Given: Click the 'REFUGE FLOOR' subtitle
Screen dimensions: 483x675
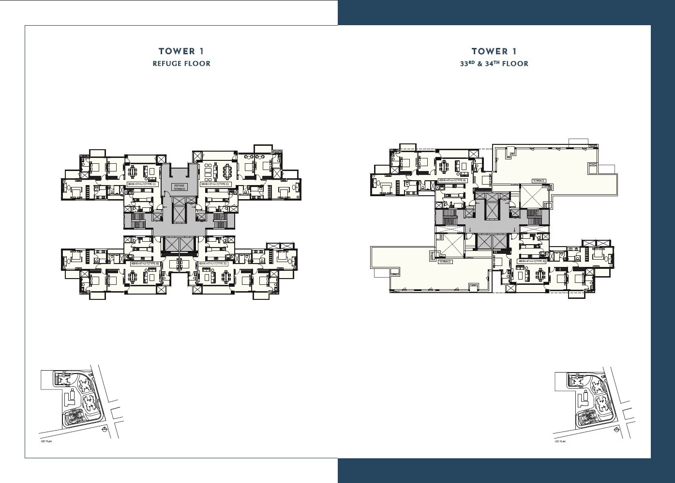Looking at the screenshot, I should [181, 63].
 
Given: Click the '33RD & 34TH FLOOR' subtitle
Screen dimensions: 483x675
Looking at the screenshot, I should [494, 63].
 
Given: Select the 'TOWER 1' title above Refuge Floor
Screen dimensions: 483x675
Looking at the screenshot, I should [181, 51].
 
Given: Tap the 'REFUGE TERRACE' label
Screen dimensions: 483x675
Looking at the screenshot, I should [180, 187].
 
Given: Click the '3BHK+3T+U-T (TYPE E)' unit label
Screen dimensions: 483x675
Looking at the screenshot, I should [215, 185].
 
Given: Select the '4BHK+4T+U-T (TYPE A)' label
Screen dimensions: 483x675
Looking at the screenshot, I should [451, 180].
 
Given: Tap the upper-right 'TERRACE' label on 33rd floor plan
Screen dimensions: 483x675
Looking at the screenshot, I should [539, 181].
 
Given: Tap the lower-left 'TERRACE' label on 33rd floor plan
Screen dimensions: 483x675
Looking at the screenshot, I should [444, 261].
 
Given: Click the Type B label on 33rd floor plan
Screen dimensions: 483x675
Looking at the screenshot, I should [532, 261].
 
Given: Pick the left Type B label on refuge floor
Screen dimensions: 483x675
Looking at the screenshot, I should [145, 264].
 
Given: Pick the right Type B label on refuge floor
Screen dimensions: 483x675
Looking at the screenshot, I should [212, 264].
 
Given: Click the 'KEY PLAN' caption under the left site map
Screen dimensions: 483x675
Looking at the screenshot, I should [46, 442].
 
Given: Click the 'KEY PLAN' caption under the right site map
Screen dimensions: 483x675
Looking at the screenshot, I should [560, 442].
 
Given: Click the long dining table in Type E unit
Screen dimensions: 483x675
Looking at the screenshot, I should [226, 170].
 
